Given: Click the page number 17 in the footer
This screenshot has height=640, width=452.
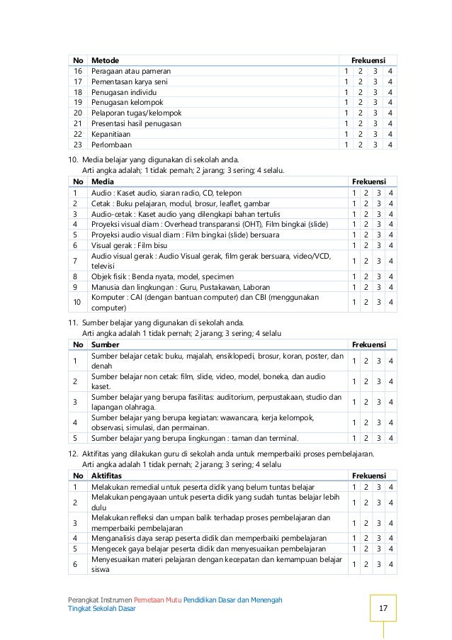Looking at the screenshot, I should (x=383, y=609).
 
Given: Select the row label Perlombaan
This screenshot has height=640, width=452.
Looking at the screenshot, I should (x=111, y=145).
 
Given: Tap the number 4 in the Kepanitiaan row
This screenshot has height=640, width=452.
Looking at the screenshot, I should (x=390, y=134).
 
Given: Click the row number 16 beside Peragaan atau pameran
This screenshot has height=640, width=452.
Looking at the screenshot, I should (x=78, y=71).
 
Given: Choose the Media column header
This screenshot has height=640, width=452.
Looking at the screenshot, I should (x=103, y=182).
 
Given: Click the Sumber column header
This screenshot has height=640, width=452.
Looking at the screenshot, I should (x=106, y=344).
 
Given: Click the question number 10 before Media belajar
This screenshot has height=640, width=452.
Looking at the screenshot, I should (x=72, y=159).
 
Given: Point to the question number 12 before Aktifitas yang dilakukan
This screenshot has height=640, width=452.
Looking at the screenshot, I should (x=72, y=454).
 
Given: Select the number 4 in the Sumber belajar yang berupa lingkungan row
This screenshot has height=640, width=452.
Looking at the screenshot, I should (x=391, y=438).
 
